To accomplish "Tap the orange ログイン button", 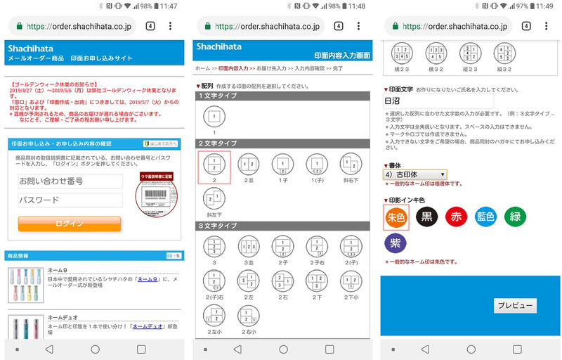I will click(x=69, y=224).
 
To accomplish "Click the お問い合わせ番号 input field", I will click(x=70, y=181).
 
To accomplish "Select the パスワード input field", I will click(x=70, y=200).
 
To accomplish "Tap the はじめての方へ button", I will click(x=162, y=143).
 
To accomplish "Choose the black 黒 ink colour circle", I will click(x=427, y=217).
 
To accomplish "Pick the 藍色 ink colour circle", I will click(x=486, y=217).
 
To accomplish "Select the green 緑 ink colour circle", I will click(x=516, y=217).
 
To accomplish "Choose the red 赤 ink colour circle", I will click(x=457, y=217).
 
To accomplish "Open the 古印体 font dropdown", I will click(x=414, y=174).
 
